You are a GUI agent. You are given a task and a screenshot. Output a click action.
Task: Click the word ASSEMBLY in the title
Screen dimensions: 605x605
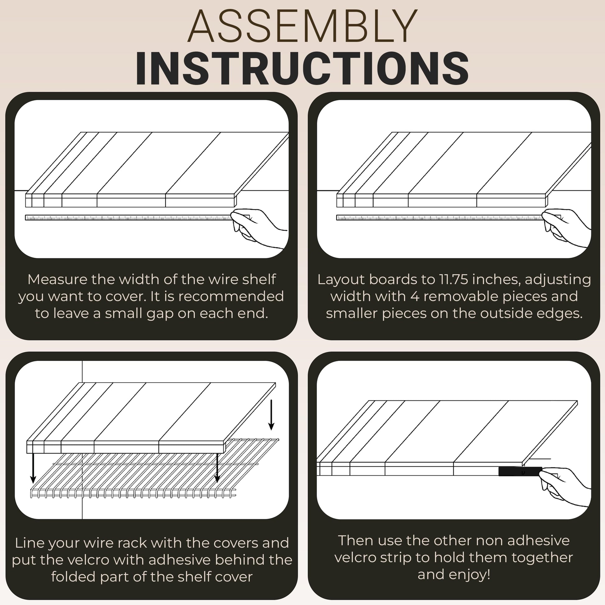302,26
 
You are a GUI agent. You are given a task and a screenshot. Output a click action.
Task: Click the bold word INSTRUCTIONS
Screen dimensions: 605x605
302,68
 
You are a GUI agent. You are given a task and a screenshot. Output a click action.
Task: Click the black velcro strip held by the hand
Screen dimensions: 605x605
520,472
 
